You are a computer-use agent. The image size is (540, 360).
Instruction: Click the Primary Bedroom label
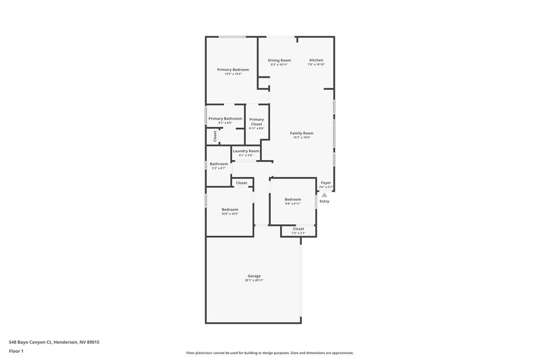click(x=233, y=70)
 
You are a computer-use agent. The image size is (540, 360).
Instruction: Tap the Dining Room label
click(x=279, y=61)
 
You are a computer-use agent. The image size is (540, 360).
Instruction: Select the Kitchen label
click(x=317, y=61)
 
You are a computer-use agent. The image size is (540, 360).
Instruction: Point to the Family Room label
click(x=300, y=133)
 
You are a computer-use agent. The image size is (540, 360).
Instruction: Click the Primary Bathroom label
click(x=225, y=119)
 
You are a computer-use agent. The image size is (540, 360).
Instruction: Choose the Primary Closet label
click(x=256, y=122)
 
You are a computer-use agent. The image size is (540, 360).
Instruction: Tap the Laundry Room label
click(x=246, y=151)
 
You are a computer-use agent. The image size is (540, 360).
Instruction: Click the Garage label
click(x=254, y=276)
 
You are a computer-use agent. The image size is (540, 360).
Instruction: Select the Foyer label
click(x=325, y=182)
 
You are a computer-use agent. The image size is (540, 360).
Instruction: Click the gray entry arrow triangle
click(x=324, y=195)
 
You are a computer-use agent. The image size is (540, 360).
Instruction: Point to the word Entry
click(x=324, y=201)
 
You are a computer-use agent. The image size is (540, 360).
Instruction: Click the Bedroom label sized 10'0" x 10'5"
click(x=230, y=209)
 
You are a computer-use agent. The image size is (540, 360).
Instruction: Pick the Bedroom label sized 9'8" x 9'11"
click(x=292, y=199)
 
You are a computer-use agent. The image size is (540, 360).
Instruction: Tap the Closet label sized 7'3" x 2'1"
click(x=298, y=228)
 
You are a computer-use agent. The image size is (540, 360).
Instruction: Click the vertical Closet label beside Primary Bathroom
click(x=215, y=135)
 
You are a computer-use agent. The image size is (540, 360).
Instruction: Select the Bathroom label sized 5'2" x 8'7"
click(x=219, y=164)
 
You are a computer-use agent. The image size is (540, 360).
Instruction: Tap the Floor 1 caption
click(x=16, y=352)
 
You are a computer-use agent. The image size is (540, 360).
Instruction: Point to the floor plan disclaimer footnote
click(x=269, y=353)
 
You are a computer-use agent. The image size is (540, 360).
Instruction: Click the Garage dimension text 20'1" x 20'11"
click(x=254, y=280)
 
